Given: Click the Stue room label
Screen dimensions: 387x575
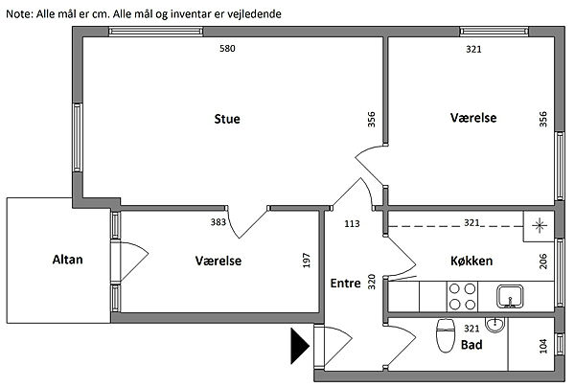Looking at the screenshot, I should click(227, 120).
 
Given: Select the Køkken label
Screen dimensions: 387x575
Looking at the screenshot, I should click(471, 262).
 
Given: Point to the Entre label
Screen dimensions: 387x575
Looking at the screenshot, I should click(345, 284).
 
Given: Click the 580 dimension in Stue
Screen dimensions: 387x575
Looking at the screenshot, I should click(227, 49).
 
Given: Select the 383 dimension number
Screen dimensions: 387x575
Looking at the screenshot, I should click(218, 222).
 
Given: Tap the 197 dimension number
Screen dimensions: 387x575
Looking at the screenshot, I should click(307, 262).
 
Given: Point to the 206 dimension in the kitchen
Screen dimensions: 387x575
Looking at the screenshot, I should click(543, 262).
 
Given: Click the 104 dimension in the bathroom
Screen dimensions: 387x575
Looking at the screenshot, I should click(543, 345).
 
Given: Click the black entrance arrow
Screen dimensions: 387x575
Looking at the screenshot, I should click(299, 347).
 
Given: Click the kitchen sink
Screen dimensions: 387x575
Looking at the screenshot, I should click(507, 295).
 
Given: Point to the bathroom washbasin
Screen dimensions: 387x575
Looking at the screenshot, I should click(495, 323).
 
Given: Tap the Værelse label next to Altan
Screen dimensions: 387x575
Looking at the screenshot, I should click(218, 261).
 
